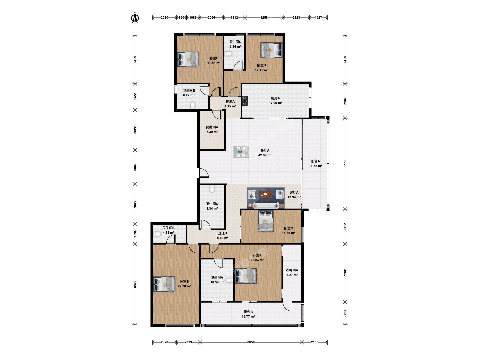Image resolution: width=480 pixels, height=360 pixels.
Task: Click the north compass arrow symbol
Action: (x=135, y=18)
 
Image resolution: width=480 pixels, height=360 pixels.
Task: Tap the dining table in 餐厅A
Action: (x=241, y=152)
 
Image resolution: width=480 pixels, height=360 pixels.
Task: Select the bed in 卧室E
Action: (x=188, y=59)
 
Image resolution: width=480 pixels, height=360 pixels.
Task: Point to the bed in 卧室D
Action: (x=271, y=50)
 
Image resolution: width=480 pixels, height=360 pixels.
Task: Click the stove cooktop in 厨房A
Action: (x=244, y=101)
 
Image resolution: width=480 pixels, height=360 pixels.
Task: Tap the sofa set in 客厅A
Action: (x=265, y=198)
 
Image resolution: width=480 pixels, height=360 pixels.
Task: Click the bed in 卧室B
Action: (x=164, y=284)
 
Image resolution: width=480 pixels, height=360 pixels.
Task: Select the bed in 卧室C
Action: (x=265, y=221)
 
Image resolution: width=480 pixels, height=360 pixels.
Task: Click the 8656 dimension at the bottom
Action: (x=251, y=342)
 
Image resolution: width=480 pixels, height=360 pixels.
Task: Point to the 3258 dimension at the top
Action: (x=264, y=17)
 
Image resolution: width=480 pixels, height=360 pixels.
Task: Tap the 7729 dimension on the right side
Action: (x=345, y=164)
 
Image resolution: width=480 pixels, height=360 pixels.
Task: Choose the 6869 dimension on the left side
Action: (x=135, y=284)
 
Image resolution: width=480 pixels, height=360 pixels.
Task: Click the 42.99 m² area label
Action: (x=265, y=155)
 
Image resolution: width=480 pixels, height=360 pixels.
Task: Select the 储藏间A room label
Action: (x=212, y=127)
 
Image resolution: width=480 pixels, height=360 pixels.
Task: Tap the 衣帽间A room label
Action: (x=292, y=270)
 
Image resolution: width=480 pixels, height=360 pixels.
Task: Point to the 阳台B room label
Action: (x=248, y=312)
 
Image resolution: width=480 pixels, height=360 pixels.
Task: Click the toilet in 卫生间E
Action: (x=192, y=106)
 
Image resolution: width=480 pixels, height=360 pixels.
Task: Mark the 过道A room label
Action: (x=230, y=101)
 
